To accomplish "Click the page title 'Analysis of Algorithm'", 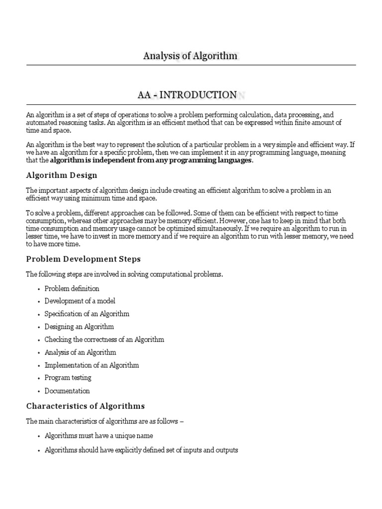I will click(x=190, y=56).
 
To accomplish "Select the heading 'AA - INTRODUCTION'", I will click(x=187, y=94).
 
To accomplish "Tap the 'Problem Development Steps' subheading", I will click(x=83, y=259).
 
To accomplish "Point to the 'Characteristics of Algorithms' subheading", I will click(x=85, y=406).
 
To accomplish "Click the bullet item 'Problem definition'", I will click(x=72, y=288).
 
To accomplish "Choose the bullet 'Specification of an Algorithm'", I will click(x=87, y=314).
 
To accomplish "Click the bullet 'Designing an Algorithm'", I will click(x=79, y=327).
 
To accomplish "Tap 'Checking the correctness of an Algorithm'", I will click(x=104, y=339).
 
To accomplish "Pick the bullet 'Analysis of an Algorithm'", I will click(x=80, y=352).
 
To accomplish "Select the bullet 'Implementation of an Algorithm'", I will click(x=92, y=365).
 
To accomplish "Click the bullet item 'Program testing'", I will click(x=68, y=378).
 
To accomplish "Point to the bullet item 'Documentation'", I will click(x=67, y=391).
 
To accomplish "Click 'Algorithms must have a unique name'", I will click(x=98, y=436).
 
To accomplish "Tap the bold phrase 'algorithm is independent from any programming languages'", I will click(x=151, y=161).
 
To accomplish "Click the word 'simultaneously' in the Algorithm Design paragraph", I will click(x=219, y=229).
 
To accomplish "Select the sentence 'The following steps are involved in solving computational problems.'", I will click(x=124, y=274).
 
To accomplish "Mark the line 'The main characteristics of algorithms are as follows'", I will click(x=104, y=422).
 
